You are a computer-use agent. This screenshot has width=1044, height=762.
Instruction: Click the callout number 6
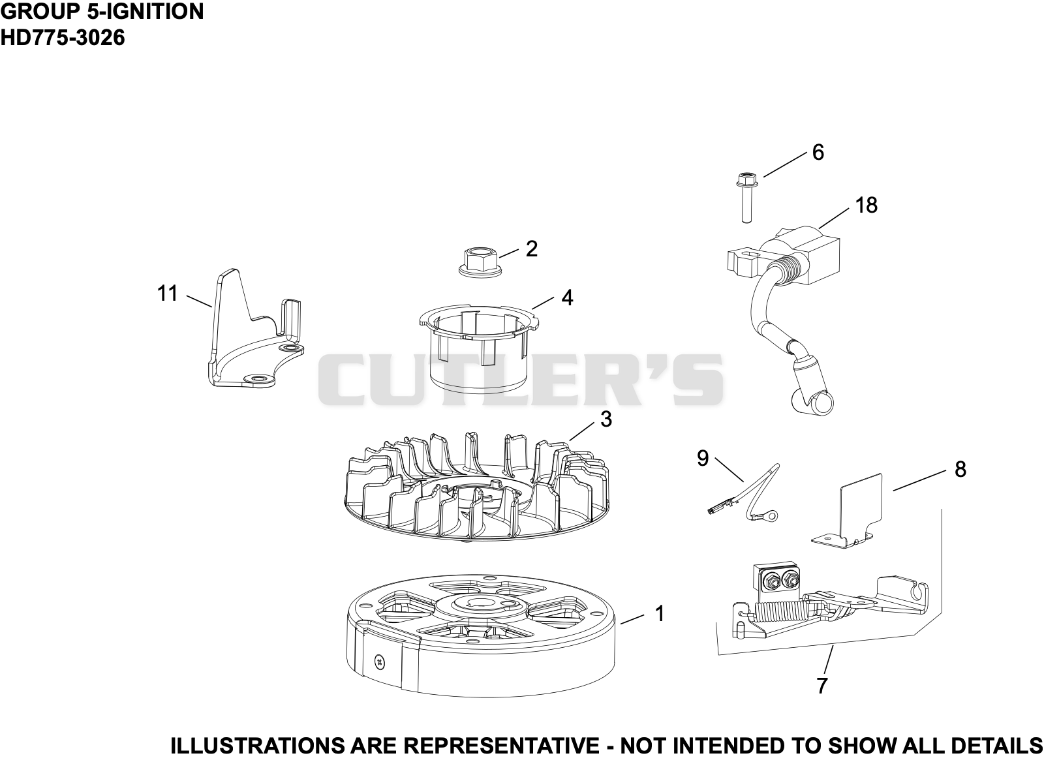pos(818,153)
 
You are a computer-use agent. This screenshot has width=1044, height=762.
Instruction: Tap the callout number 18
pos(867,205)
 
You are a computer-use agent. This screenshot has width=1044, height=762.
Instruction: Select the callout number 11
pos(167,293)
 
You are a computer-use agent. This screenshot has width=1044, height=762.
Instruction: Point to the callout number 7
pos(821,686)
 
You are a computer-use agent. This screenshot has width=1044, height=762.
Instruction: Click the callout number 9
pos(703,458)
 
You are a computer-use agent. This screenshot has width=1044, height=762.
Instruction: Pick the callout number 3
pos(606,419)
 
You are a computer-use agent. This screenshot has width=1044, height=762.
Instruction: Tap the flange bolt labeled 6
pos(746,198)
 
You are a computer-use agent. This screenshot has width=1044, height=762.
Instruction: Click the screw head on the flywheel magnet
pos(381,662)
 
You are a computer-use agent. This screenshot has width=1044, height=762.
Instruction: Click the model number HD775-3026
pos(63,37)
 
